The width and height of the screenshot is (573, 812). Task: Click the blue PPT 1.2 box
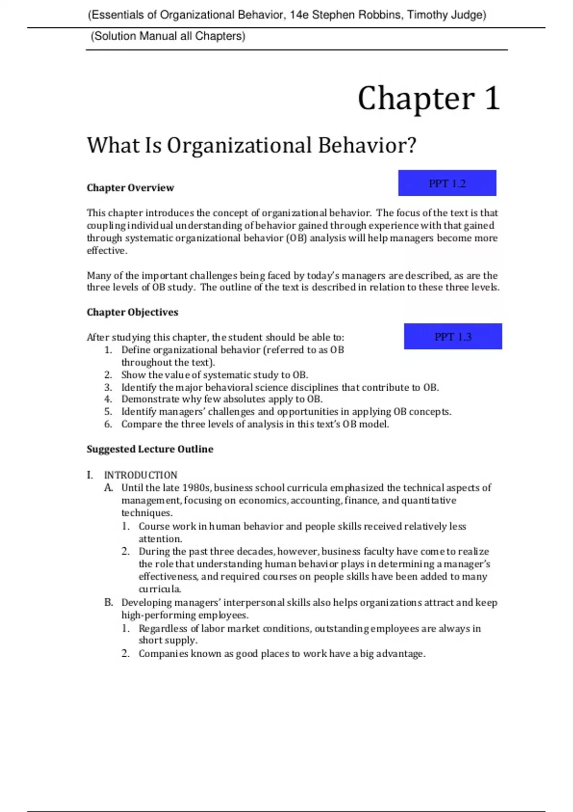tap(447, 183)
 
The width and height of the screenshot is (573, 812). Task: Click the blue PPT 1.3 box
tap(453, 337)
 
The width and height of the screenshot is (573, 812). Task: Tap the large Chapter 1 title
tap(428, 98)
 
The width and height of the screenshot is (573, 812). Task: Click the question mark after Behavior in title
tap(411, 145)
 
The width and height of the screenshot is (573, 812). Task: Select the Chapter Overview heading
tap(130, 188)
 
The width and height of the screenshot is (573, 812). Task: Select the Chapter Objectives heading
tap(132, 312)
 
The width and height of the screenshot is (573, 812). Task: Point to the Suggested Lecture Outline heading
tap(149, 449)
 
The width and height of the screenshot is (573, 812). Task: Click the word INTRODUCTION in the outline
tap(140, 475)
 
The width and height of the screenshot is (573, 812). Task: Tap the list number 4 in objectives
tap(108, 399)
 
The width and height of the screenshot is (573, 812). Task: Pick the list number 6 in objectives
tap(108, 424)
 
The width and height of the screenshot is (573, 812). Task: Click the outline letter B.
tap(108, 602)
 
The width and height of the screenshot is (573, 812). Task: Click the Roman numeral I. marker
tap(90, 475)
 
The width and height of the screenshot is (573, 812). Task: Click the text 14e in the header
tap(299, 15)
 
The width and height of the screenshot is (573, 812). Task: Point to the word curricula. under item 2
tap(159, 589)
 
